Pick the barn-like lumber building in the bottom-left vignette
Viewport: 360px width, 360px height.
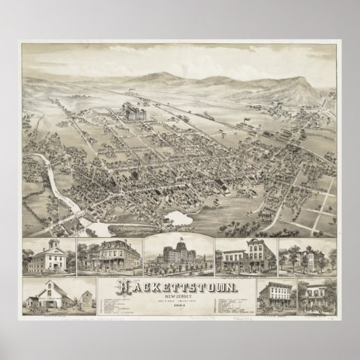50,298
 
